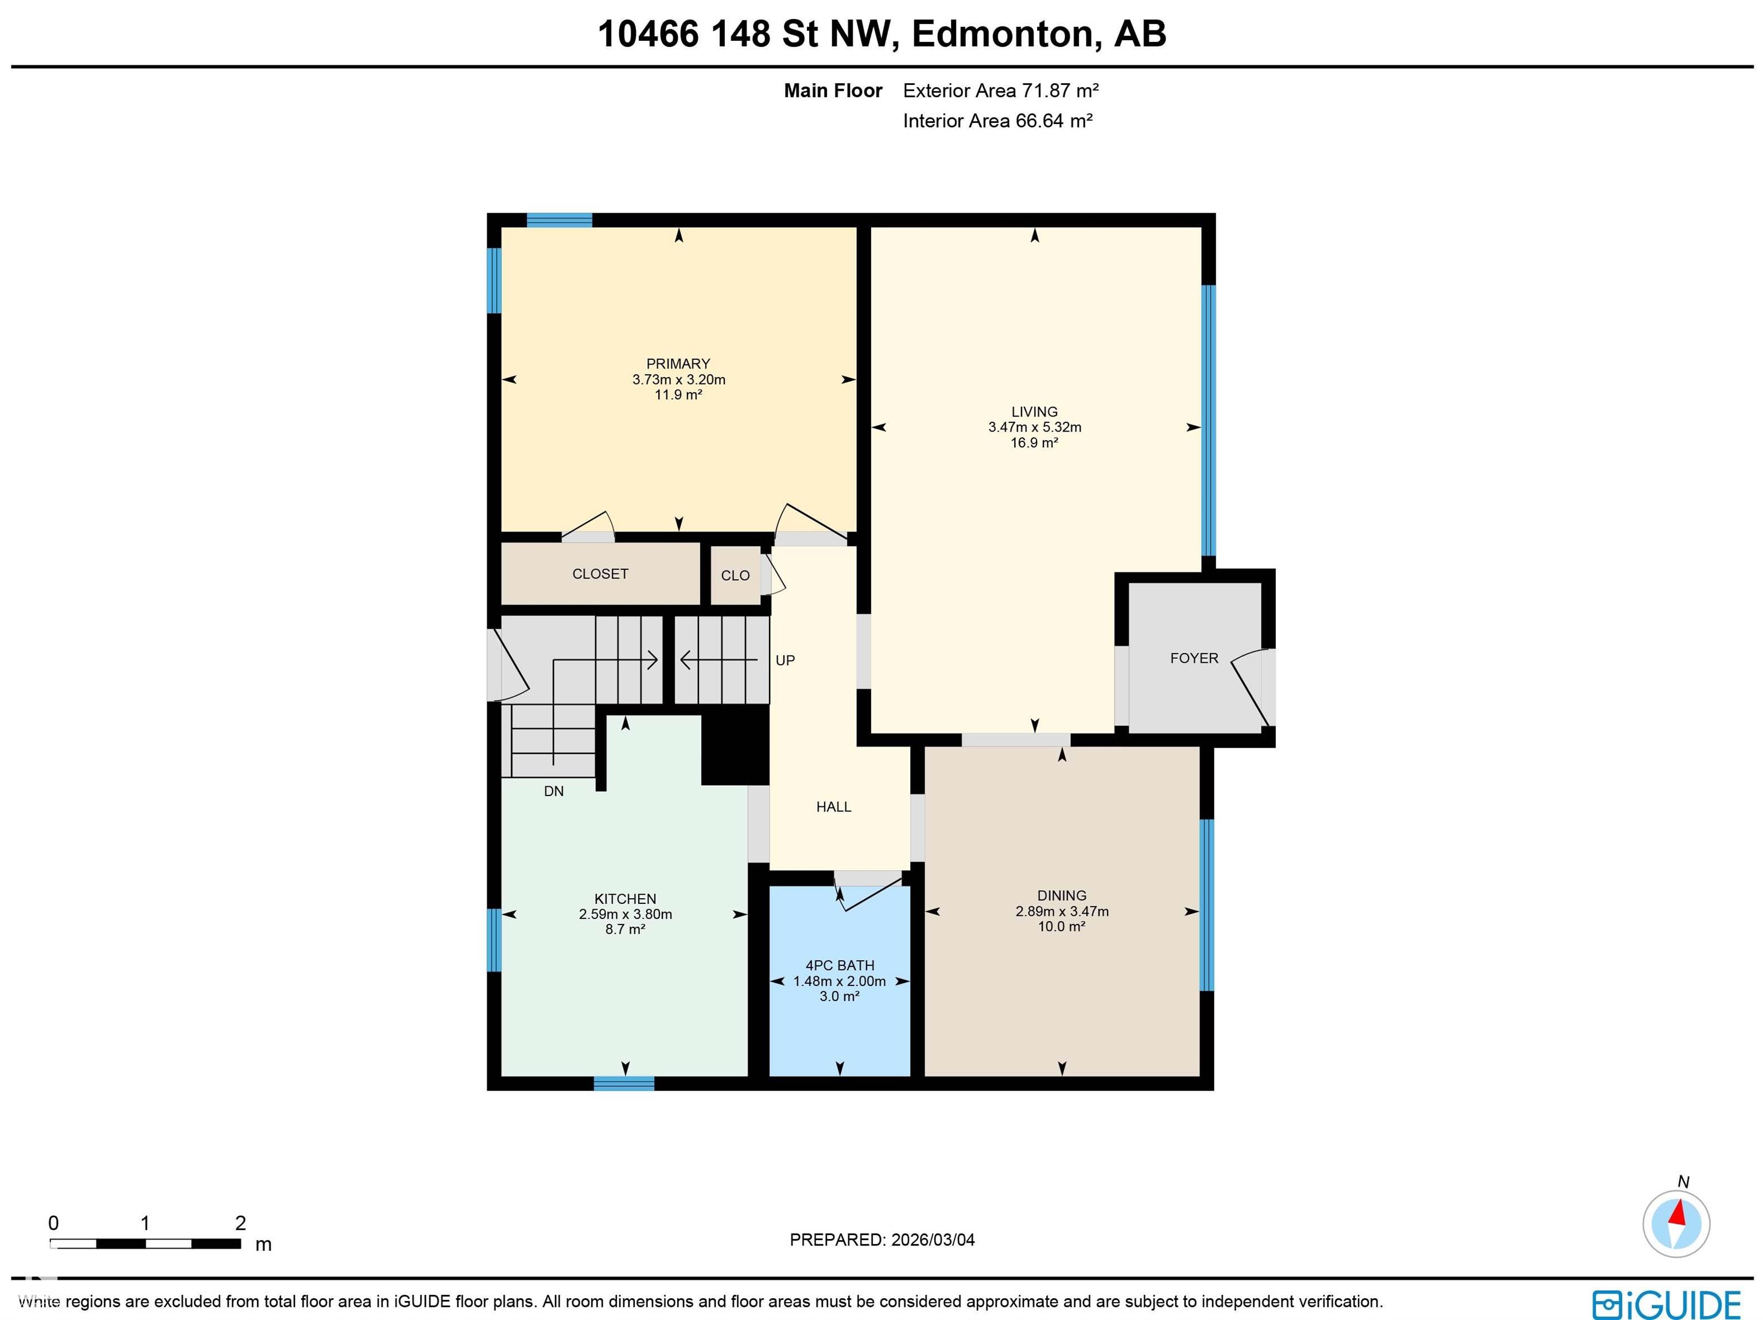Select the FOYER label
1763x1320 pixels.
point(1193,658)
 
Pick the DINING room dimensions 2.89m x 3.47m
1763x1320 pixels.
point(1062,911)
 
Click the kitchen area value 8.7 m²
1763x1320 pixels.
point(625,929)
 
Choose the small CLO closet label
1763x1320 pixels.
point(735,576)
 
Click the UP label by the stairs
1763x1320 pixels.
point(785,660)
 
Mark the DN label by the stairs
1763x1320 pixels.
point(553,791)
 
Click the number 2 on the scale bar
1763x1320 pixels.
point(240,1223)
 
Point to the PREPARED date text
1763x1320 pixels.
point(881,1240)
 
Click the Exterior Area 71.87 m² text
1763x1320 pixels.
point(1000,91)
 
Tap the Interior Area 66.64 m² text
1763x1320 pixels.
point(996,121)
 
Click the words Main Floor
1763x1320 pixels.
point(833,91)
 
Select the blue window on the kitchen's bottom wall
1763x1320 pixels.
point(623,1084)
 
